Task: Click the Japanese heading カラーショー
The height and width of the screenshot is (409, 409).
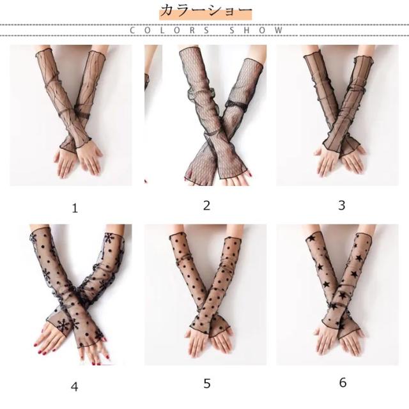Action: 206,11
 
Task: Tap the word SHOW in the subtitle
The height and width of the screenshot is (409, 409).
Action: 256,30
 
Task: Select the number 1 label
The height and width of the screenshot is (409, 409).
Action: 75,208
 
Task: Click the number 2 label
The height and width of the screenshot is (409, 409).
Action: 206,206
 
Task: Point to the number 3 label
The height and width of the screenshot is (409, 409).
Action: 342,205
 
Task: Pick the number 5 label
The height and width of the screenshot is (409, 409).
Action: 207,383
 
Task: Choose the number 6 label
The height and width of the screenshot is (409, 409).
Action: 343,383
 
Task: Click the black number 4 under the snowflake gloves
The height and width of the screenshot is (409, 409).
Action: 75,387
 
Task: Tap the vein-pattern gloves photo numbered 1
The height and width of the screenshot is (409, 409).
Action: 71,115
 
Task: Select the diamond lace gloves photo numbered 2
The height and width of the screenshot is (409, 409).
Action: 206,115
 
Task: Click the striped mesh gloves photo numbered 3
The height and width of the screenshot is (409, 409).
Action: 337,115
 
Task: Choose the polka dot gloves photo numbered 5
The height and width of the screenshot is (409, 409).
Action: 206,295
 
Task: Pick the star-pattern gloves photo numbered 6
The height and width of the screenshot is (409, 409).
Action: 337,295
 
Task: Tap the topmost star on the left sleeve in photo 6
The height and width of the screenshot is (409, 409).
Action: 311,238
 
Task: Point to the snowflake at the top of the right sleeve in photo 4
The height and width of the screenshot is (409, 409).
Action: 109,238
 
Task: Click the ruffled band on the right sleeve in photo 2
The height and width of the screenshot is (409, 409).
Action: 236,104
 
